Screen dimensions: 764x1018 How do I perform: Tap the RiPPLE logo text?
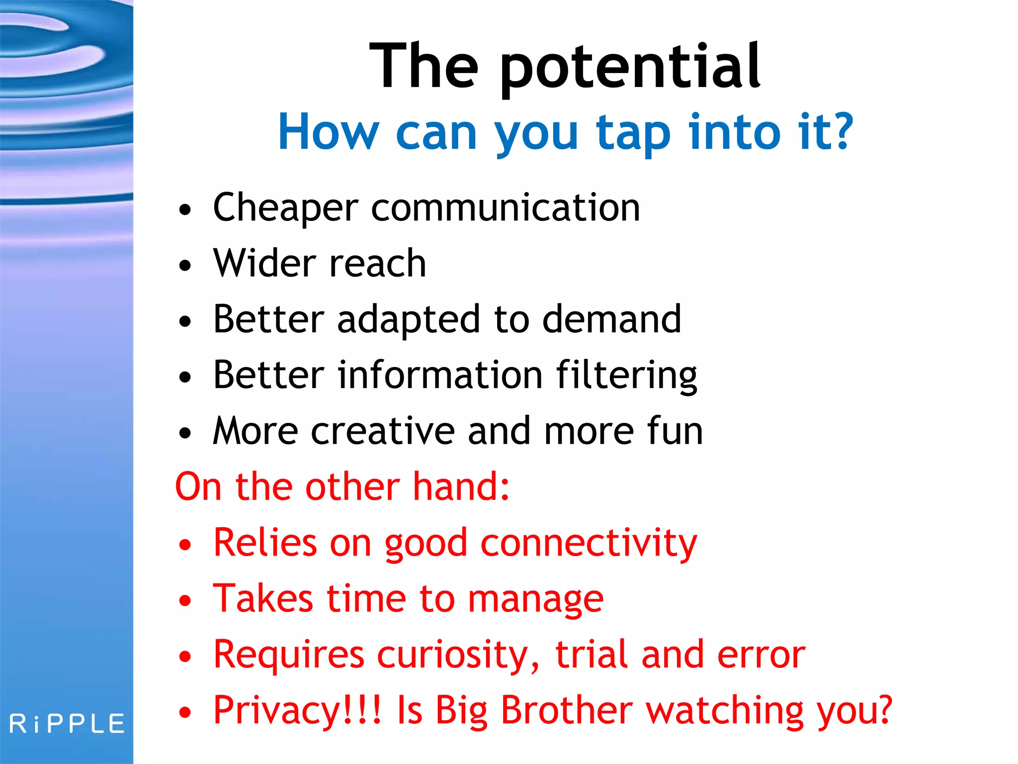click(x=67, y=724)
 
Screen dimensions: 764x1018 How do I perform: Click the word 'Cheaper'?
click(x=285, y=208)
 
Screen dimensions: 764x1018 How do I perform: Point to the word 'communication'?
click(x=506, y=208)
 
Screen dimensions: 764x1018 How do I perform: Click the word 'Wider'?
click(x=264, y=263)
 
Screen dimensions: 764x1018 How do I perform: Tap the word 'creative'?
click(x=383, y=431)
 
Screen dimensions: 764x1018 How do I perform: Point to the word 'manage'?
click(x=536, y=599)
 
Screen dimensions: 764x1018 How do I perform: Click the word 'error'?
click(x=761, y=655)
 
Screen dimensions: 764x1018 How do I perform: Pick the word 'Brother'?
click(x=567, y=711)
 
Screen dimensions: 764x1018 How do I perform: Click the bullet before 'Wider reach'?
click(x=185, y=265)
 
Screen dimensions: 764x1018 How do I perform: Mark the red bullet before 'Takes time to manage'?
click(x=185, y=600)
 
